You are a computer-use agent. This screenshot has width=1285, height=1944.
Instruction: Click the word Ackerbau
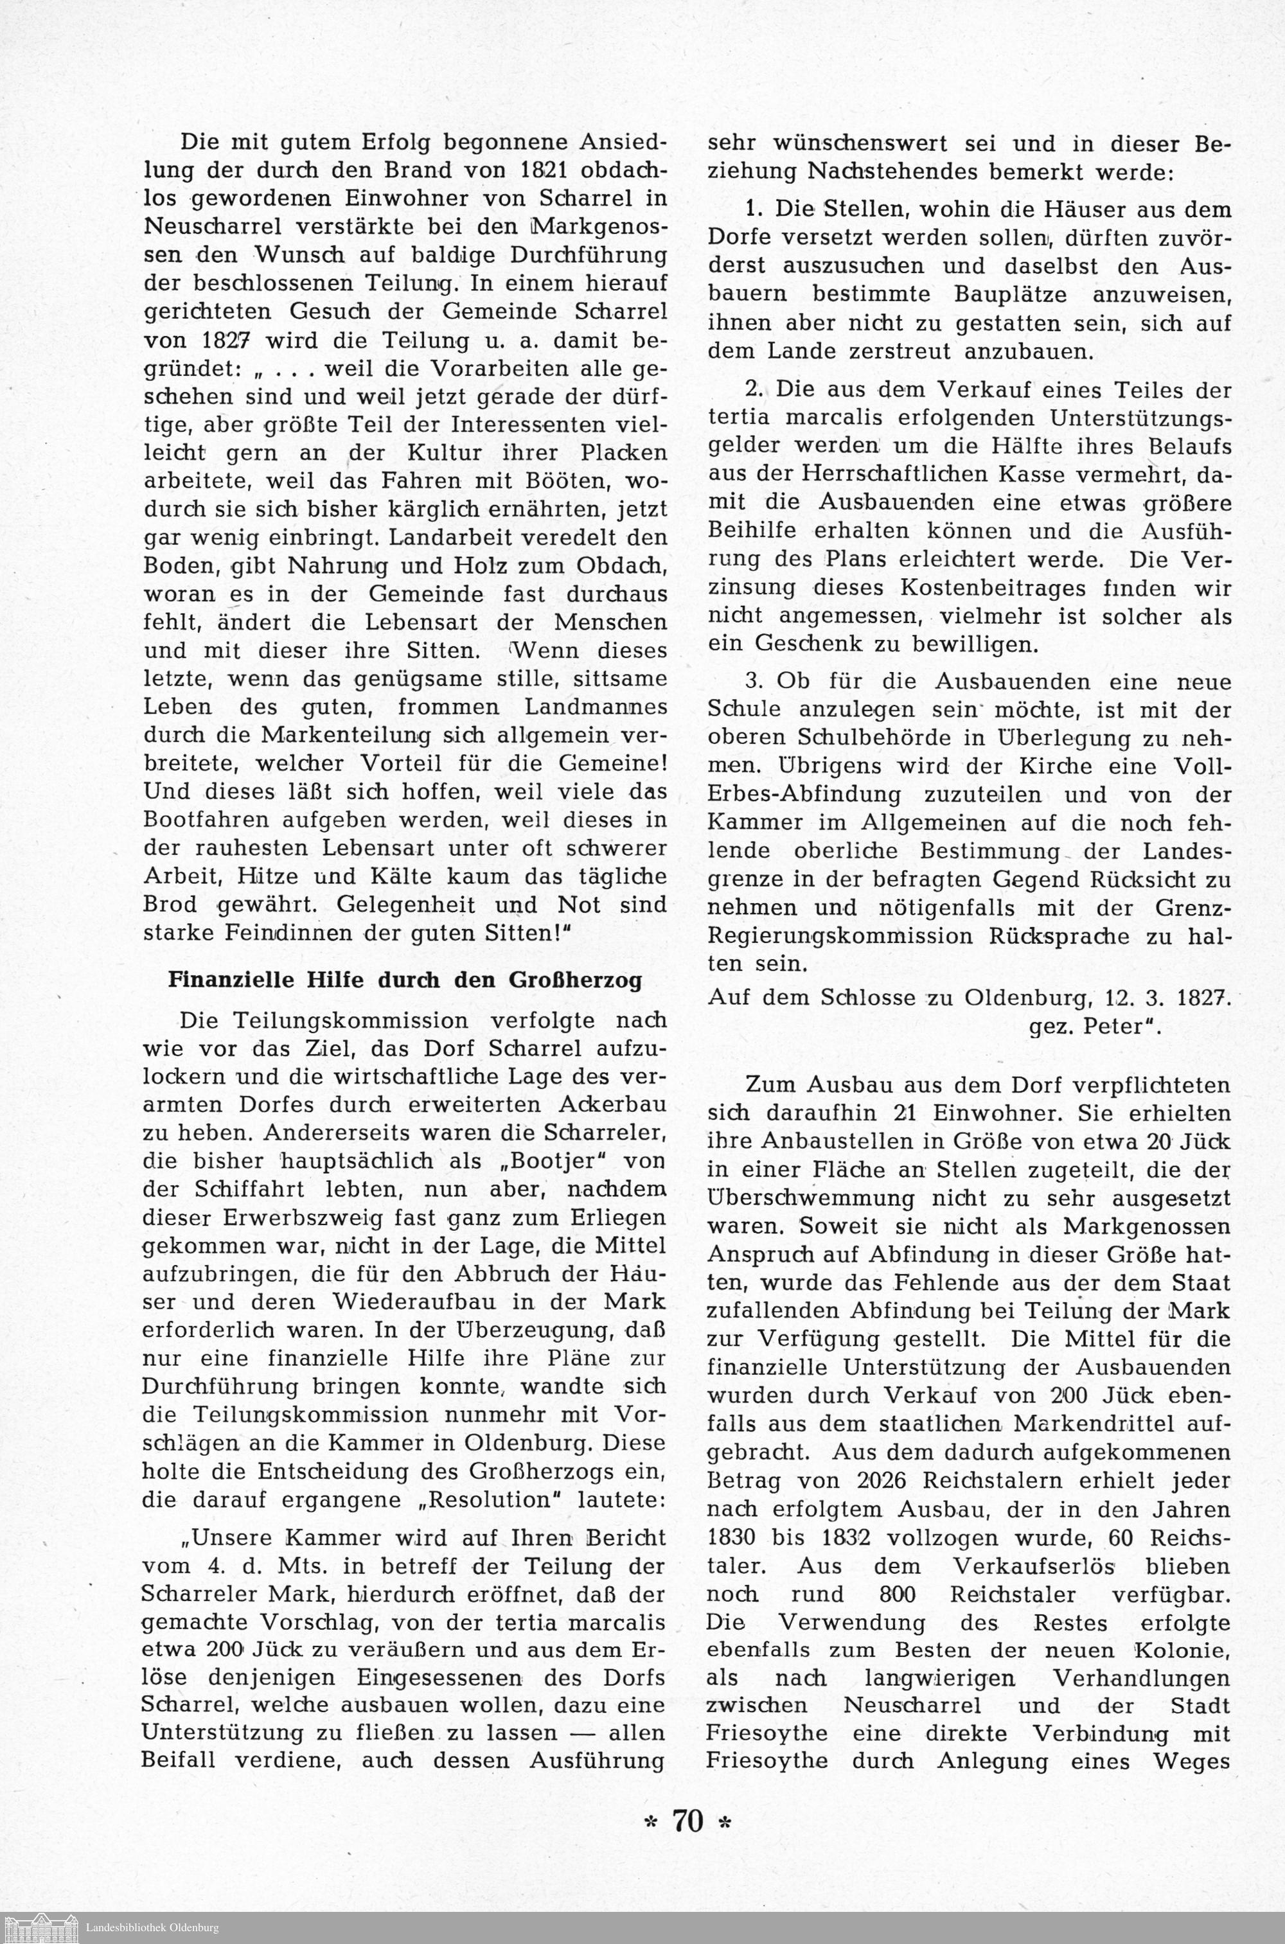click(610, 1105)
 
